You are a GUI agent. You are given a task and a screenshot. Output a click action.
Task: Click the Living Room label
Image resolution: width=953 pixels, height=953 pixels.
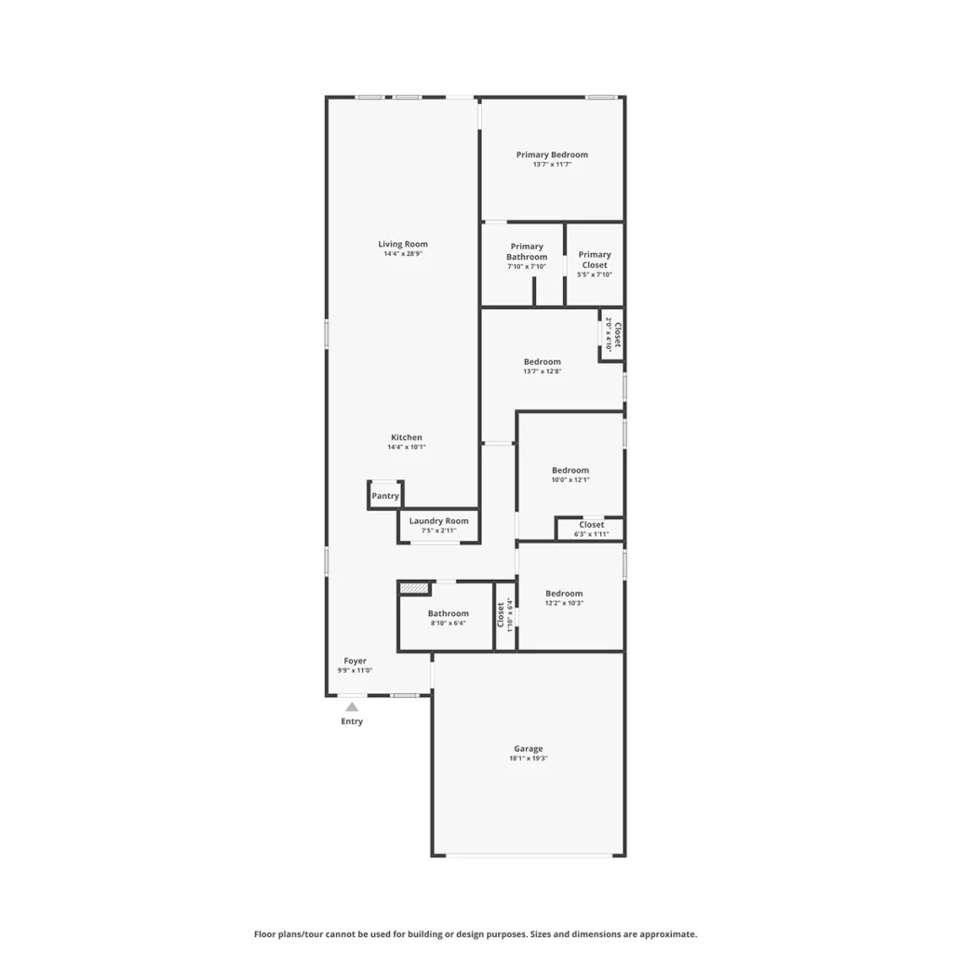pos(403,245)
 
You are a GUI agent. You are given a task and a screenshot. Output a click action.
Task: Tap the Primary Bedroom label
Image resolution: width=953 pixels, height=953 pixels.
pos(552,155)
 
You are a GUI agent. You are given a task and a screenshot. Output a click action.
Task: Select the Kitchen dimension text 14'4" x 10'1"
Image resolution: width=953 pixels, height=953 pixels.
pos(407,448)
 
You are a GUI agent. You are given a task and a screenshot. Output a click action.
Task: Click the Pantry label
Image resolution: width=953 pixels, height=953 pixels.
pos(385,496)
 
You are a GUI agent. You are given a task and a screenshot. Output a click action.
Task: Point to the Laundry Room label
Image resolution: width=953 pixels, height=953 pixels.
pos(439,521)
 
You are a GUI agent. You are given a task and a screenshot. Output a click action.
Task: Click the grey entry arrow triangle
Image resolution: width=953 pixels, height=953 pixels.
pos(352,706)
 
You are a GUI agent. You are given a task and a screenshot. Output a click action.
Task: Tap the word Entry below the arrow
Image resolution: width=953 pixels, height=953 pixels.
pos(352,721)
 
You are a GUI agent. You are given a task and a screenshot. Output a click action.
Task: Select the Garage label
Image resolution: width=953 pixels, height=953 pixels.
pos(529,749)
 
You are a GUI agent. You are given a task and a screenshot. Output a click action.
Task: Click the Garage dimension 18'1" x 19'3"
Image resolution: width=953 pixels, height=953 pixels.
pos(529,758)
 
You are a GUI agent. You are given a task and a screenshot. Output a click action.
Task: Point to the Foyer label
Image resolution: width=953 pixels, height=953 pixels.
pos(355,661)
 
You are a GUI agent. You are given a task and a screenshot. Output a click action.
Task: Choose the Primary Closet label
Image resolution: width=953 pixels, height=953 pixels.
pos(595,260)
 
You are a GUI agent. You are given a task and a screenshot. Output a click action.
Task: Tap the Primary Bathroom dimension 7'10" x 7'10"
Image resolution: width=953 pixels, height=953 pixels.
pos(527,267)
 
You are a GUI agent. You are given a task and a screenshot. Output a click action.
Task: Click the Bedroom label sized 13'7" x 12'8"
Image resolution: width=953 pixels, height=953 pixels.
pos(543,362)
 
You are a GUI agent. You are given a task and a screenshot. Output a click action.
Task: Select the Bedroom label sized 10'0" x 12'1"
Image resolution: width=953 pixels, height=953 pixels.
pos(570,470)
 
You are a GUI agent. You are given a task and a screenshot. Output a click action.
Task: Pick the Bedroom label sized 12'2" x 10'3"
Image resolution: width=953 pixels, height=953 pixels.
pos(564,594)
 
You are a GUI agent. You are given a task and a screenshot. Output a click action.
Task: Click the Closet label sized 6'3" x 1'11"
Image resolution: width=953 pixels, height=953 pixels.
pos(591,525)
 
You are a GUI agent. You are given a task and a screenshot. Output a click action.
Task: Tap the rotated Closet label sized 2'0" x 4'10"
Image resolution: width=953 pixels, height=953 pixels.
pos(618,335)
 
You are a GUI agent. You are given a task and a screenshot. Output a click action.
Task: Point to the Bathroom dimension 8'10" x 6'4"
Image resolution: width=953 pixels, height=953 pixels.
pos(448,624)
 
